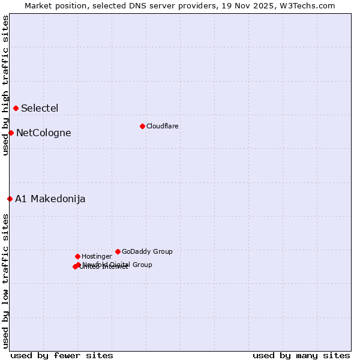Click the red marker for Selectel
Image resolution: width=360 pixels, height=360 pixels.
[x=16, y=108]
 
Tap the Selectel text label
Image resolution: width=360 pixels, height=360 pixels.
[x=40, y=109]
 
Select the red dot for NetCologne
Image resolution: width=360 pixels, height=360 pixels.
[x=11, y=133]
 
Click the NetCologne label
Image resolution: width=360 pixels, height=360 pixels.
[x=43, y=133]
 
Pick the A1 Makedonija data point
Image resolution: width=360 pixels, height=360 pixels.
[x=10, y=199]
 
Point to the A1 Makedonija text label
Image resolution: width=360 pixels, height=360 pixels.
[x=50, y=199]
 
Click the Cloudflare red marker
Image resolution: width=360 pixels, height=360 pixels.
[x=142, y=126]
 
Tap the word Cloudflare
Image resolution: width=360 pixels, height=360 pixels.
[x=162, y=127]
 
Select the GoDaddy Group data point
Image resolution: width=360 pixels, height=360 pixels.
[x=118, y=251]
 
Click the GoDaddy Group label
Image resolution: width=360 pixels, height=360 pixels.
[x=147, y=252]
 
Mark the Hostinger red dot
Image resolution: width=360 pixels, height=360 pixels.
[x=77, y=256]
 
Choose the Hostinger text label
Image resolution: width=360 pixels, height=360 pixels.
[x=97, y=257]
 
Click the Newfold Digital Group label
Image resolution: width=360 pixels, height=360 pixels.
[x=118, y=265]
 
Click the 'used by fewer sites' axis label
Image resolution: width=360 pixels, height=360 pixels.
[x=62, y=355]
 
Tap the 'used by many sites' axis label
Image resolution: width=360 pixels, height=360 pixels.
[x=301, y=355]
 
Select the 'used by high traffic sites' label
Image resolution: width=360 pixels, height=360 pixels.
[x=5, y=85]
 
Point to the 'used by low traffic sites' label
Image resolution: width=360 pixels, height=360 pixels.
[x=5, y=281]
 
